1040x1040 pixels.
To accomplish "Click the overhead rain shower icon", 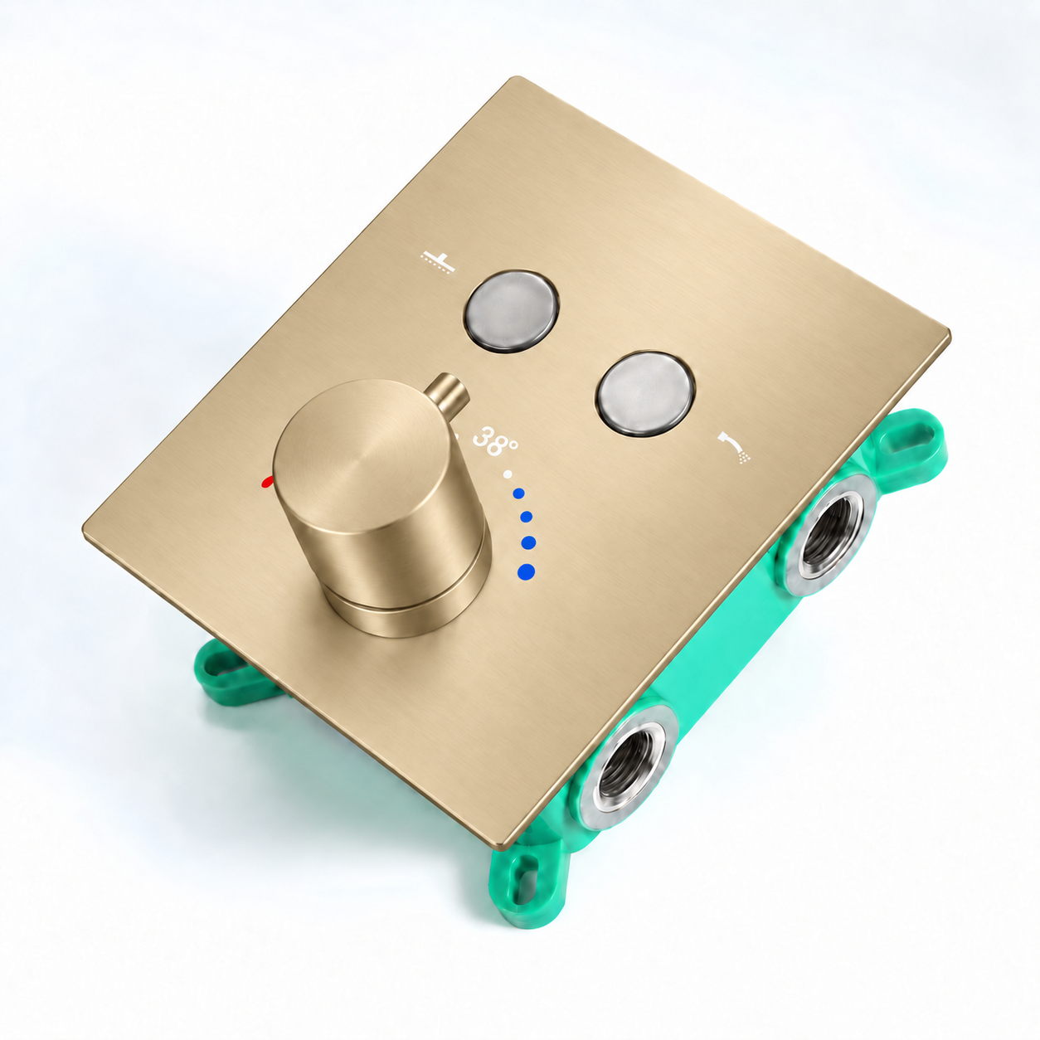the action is coord(438,261).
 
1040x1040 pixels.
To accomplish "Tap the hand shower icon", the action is coord(735,447).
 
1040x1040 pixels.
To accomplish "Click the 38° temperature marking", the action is coord(494,442).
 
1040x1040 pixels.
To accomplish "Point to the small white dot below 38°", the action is coord(507,474).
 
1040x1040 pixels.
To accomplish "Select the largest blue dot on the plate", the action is coord(526,571).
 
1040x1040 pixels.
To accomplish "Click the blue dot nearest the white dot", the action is coord(518,493).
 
